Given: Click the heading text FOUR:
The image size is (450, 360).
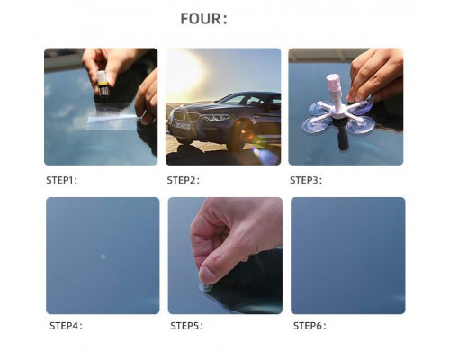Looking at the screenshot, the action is click(x=203, y=19).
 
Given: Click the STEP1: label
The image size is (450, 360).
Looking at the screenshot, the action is click(x=61, y=180).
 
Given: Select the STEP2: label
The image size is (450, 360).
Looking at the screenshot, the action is click(x=183, y=180).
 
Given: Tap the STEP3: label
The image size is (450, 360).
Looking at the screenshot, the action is click(x=306, y=180).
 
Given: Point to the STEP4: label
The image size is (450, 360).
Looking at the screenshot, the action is click(x=66, y=326).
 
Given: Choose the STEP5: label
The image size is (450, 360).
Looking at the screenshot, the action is click(x=186, y=326).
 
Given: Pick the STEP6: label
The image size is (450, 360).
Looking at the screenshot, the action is click(x=310, y=326).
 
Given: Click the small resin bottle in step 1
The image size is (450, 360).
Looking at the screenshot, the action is click(x=103, y=84).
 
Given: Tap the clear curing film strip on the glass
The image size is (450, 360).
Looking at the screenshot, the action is click(x=112, y=117).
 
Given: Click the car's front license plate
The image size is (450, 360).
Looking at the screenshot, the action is click(x=183, y=126).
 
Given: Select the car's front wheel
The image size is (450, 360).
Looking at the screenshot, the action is click(x=241, y=134).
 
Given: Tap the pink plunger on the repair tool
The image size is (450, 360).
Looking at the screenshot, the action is click(x=334, y=83).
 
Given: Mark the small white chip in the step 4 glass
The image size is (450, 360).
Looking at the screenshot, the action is click(x=103, y=256).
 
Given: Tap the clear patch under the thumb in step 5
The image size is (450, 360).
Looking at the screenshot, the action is click(x=206, y=287).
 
